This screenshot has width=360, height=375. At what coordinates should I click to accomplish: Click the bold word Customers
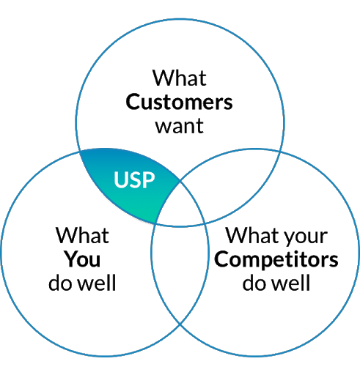179,102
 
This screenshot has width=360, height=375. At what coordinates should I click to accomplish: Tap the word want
179,126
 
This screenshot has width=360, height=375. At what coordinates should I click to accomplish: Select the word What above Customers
180,78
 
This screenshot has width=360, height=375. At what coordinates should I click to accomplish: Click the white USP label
134,180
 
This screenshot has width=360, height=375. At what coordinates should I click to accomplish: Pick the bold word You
82,259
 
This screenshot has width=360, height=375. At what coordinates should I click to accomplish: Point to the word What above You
82,235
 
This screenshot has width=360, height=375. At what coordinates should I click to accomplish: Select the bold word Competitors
276,259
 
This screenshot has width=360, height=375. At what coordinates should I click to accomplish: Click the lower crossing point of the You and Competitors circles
180,324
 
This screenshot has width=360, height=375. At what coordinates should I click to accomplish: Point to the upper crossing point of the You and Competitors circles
180,181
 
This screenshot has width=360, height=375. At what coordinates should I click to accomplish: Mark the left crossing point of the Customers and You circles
80,152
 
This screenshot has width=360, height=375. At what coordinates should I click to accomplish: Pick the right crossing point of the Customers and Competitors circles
281,152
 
